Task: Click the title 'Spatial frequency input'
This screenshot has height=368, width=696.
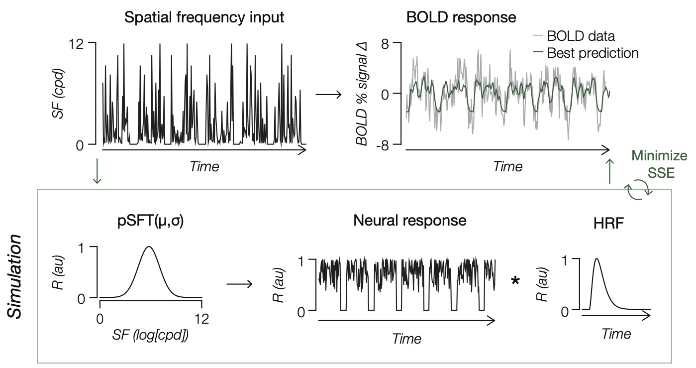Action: (204, 17)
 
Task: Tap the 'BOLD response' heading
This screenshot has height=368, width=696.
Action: (461, 17)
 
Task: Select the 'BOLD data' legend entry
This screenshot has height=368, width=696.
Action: (581, 36)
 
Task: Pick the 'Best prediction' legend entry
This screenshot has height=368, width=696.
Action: (592, 53)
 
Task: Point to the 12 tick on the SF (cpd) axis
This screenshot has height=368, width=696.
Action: (81, 43)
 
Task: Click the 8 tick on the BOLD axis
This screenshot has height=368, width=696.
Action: (384, 43)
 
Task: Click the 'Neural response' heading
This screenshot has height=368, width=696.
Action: (409, 221)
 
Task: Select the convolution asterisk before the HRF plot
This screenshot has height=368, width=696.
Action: (516, 282)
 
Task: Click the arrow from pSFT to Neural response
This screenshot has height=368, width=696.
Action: (240, 284)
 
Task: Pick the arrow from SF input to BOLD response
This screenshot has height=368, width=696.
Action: (329, 94)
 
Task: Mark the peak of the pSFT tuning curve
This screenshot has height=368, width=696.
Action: (149, 246)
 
